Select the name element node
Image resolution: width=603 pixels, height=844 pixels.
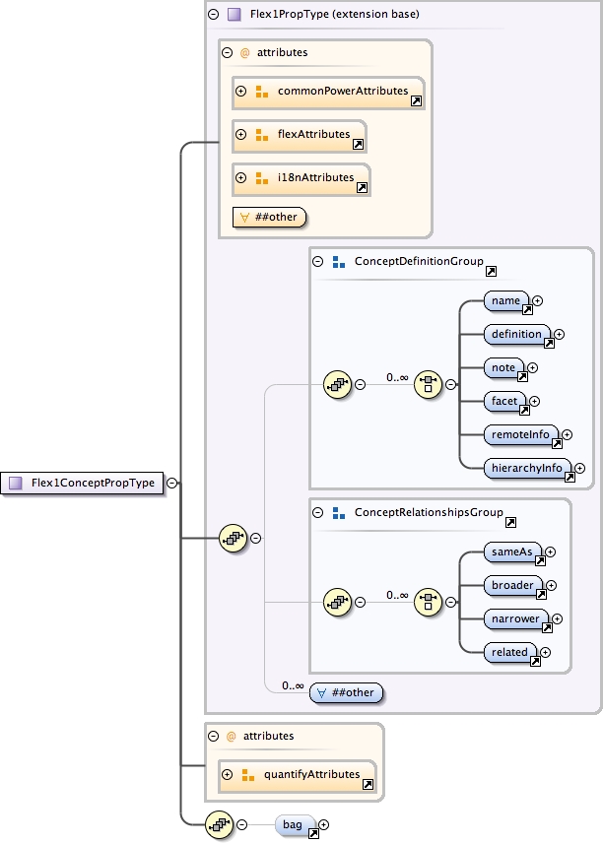(x=506, y=300)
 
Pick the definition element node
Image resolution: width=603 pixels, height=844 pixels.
(x=517, y=334)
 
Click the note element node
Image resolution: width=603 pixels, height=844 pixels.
(x=503, y=367)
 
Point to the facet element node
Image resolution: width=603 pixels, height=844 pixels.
(x=504, y=401)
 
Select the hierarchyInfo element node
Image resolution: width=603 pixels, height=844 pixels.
(x=528, y=468)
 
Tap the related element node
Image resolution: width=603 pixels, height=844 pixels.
(x=510, y=652)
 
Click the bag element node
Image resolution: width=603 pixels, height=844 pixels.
(x=295, y=824)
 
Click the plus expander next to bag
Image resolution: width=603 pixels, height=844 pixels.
(x=323, y=824)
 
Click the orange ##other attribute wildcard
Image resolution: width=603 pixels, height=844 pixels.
(x=268, y=217)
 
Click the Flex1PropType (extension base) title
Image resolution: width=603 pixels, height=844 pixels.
(x=335, y=15)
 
